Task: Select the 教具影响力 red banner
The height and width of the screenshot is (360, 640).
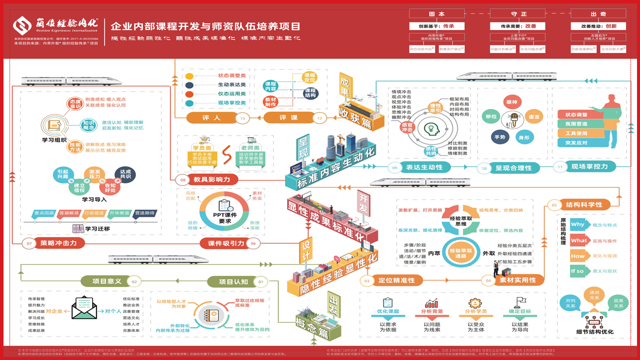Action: click(205, 179)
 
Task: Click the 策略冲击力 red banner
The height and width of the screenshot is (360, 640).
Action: click(55, 243)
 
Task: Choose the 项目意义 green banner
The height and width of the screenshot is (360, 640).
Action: click(107, 281)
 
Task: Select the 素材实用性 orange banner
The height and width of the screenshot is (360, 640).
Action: click(517, 280)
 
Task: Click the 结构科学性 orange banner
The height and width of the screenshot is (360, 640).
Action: click(580, 204)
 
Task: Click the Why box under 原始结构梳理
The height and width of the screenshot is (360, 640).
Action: click(577, 225)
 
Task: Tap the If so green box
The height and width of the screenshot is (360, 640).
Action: click(577, 271)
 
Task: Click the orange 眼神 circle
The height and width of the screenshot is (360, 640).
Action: click(511, 102)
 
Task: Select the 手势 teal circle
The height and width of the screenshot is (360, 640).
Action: click(499, 137)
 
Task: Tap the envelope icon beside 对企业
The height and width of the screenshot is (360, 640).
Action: click(83, 308)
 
